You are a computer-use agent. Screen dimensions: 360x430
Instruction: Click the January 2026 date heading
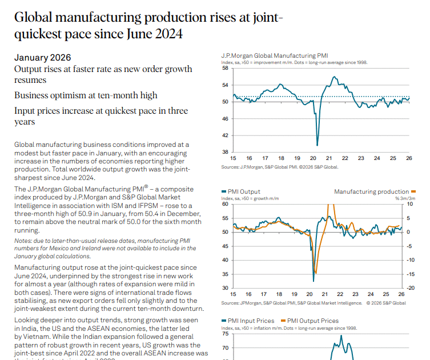pos(43,58)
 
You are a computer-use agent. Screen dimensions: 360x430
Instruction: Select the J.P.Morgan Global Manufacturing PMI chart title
pos(274,55)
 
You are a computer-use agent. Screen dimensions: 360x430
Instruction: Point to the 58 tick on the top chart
pos(225,68)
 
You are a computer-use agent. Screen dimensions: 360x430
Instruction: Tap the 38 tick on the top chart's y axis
pos(225,151)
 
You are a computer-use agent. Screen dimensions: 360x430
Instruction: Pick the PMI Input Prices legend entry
pos(250,321)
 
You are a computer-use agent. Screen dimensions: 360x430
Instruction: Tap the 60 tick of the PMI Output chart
pos(225,204)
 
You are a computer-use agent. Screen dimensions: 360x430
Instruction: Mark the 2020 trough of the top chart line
pos(317,145)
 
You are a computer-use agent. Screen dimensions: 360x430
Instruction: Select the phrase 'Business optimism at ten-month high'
pos(86,95)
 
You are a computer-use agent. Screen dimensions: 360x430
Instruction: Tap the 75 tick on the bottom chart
pos(225,334)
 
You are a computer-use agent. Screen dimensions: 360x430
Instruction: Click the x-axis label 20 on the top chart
pos(313,158)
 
